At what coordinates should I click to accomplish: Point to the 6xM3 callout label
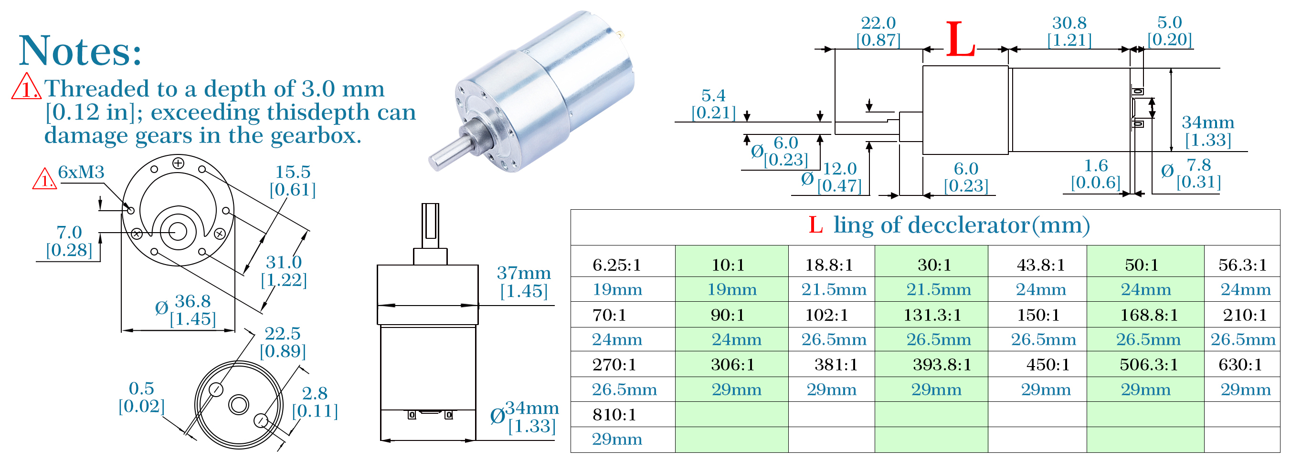point(81,172)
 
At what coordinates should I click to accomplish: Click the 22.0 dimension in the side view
point(878,22)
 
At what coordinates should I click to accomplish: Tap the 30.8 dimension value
point(1069,22)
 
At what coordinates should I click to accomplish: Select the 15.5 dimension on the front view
point(293,172)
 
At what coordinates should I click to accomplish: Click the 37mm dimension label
point(524,273)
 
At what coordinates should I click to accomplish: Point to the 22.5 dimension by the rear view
point(283,333)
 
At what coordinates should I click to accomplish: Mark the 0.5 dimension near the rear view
point(141,388)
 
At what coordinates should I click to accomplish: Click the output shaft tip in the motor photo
point(434,163)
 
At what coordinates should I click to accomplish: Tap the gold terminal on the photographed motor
point(621,34)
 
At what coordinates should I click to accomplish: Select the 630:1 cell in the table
point(1240,364)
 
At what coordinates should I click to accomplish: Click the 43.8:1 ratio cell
point(1040,264)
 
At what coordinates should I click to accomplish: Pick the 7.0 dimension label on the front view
point(69,232)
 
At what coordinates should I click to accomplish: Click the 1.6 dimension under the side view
point(1096,166)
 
